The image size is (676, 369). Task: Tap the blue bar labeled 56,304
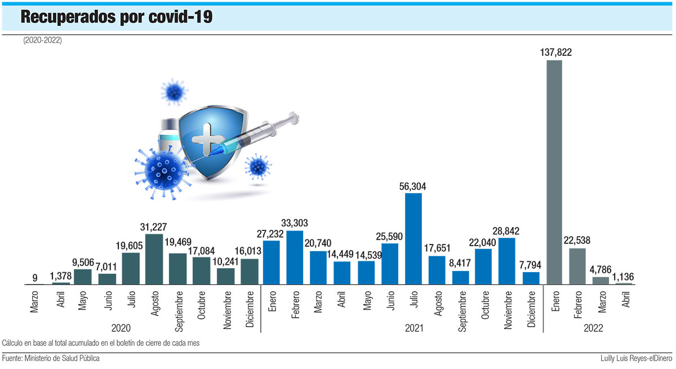413,239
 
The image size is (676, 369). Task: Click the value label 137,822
554,52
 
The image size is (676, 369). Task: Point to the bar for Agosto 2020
154,259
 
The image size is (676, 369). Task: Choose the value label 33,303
295,223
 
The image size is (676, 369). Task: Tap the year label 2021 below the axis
414,327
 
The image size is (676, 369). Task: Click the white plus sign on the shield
207,139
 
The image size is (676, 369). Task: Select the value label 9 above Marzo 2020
35,277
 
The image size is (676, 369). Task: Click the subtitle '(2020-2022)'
43,41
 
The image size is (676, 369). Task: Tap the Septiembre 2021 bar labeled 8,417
460,278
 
